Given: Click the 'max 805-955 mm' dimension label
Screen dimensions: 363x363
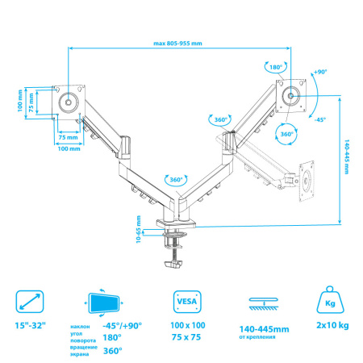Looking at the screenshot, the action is [177, 44].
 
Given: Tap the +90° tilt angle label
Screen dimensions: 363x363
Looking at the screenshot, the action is [320, 72].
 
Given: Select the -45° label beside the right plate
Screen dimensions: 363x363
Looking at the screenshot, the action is [320, 119].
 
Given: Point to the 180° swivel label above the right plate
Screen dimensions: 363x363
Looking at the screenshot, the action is [276, 67].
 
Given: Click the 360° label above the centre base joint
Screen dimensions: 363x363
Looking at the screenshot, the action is [176, 180].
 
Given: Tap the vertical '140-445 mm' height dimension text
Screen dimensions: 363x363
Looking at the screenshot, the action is [347, 156].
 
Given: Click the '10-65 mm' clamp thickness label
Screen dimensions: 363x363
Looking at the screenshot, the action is [139, 229].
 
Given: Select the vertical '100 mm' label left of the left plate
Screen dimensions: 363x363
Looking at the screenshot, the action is [20, 101].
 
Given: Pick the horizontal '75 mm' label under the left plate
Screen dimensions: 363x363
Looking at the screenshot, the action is [68, 137].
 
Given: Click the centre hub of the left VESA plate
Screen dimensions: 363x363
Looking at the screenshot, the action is [69, 102].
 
